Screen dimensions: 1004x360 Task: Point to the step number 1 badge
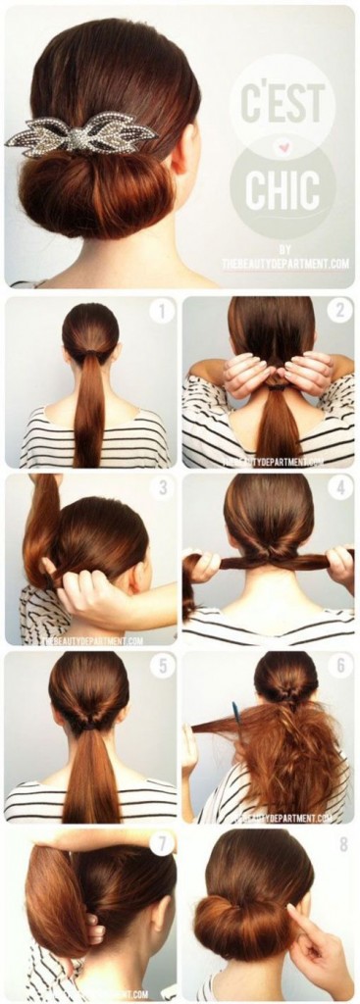(161, 313)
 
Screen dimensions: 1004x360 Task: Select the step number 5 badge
(161, 666)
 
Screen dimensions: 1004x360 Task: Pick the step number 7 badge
(161, 842)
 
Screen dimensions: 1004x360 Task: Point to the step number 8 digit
(339, 842)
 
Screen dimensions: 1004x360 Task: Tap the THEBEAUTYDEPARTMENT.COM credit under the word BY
(285, 262)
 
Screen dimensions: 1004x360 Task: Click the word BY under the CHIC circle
(284, 248)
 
